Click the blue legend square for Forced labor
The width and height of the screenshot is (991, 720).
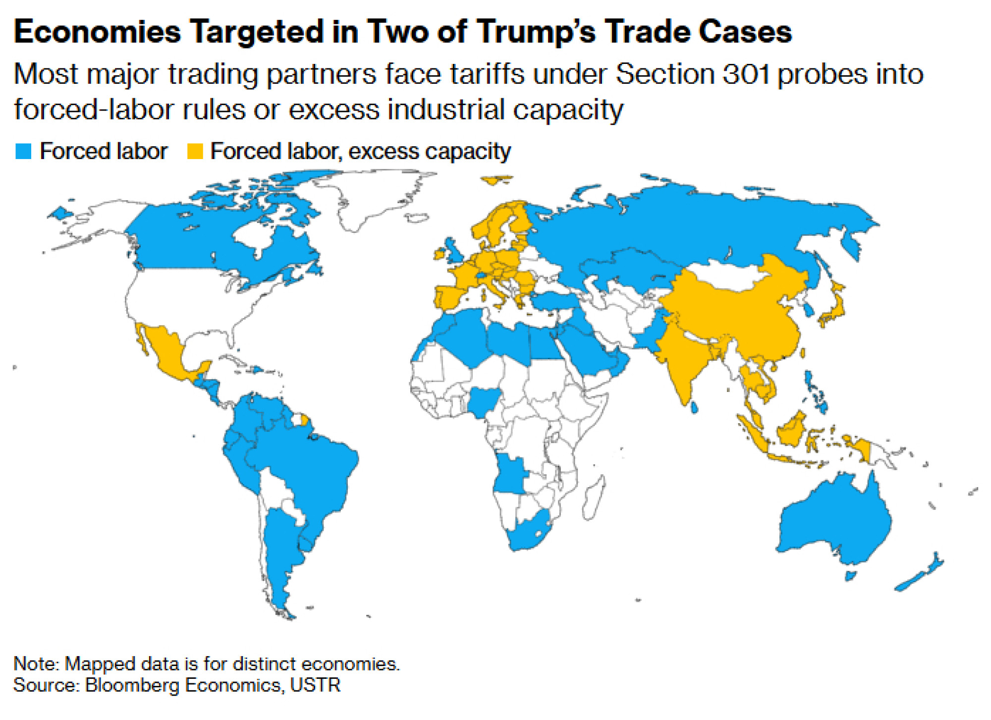[x=23, y=151]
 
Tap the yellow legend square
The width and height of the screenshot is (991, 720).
[x=195, y=151]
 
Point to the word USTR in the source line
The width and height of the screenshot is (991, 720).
[x=315, y=685]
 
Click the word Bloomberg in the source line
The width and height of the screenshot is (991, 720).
[x=132, y=685]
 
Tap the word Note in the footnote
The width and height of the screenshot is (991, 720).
[x=34, y=664]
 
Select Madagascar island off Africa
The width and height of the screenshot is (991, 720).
[x=593, y=498]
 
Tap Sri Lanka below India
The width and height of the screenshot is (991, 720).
[x=695, y=407]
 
